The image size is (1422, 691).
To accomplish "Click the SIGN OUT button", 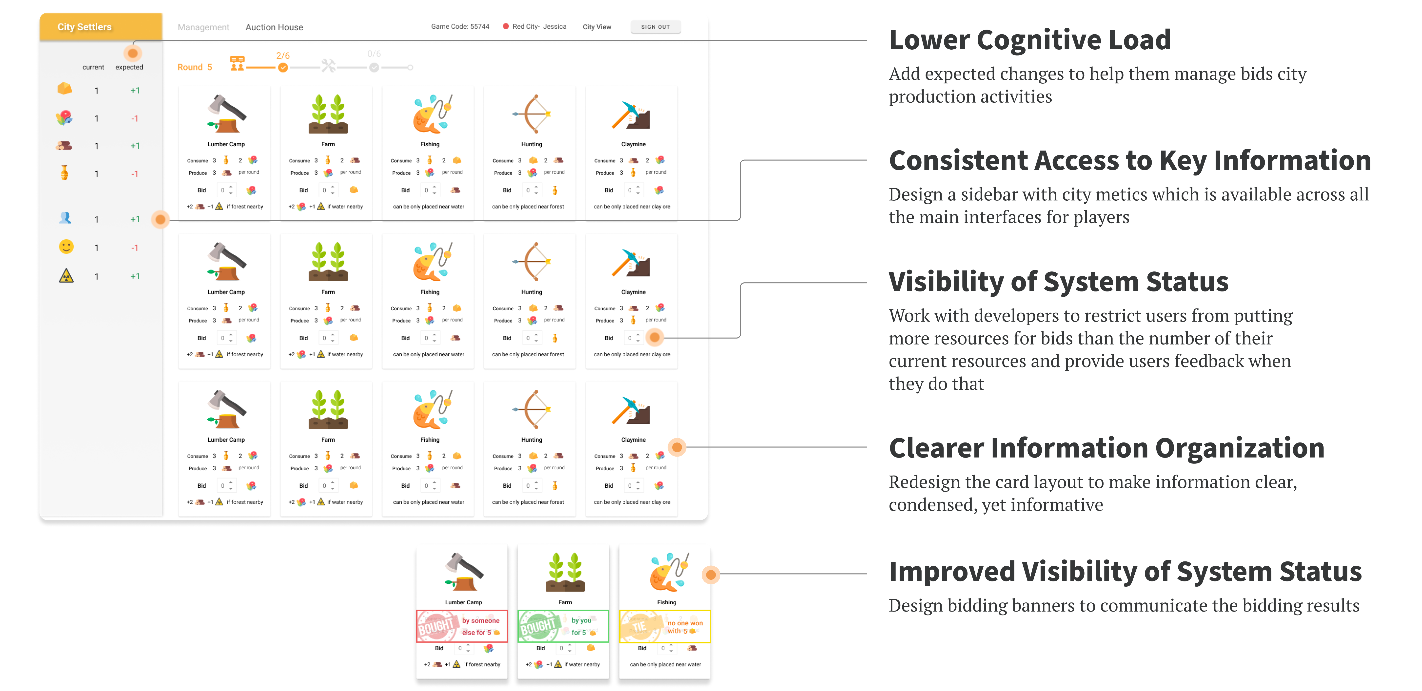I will [x=655, y=27].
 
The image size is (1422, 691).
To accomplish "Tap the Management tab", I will [x=203, y=27].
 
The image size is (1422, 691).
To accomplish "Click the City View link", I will [x=597, y=27].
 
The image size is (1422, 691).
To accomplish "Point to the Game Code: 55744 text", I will [x=460, y=26].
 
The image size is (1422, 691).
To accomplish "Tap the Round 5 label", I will [x=194, y=67].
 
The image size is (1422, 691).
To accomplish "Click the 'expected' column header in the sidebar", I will [x=129, y=67].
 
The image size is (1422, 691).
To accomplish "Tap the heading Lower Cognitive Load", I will [x=1029, y=40].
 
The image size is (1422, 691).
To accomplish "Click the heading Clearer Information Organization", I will [x=1106, y=448].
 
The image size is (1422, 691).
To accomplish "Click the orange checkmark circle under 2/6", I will [x=283, y=67].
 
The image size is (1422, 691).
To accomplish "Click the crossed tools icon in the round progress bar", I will [x=328, y=66].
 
